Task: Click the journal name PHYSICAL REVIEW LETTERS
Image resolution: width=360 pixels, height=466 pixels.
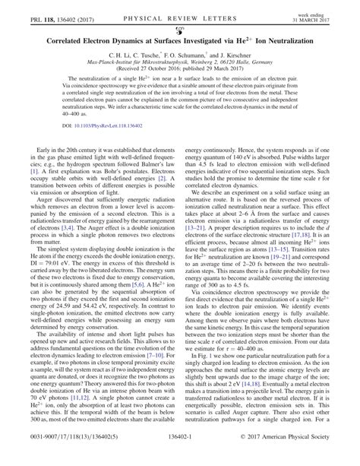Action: coord(180,10)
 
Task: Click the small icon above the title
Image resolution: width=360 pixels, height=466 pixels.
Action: coord(179,23)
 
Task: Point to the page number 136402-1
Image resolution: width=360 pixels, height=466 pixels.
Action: coord(179,456)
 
